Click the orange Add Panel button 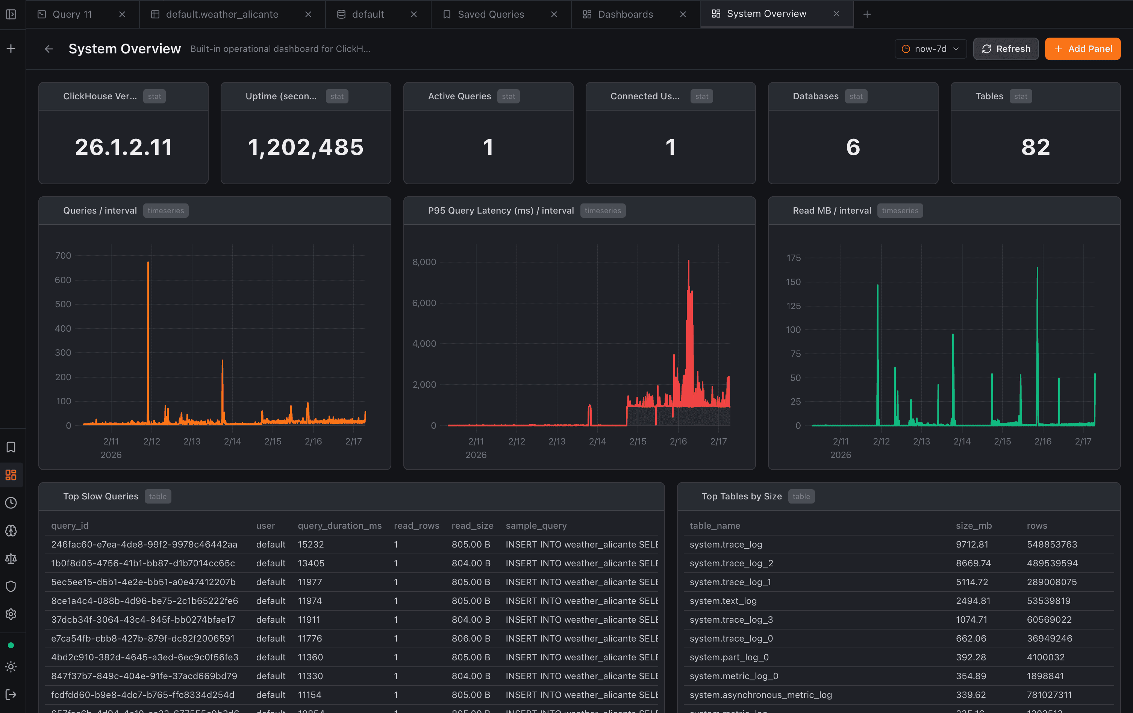coord(1082,49)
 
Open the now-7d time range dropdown coord(930,49)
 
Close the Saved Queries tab coord(554,14)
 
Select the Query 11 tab coord(73,14)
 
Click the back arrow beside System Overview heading coord(49,49)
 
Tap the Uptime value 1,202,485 coord(306,147)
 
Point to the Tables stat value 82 coord(1035,147)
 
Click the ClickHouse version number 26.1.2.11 coord(123,147)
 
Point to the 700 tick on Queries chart coord(63,256)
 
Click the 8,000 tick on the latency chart coord(424,262)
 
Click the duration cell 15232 coord(311,545)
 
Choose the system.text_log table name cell coord(723,601)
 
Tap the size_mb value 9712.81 coord(972,545)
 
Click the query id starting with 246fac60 coord(144,545)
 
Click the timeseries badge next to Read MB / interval coord(900,211)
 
